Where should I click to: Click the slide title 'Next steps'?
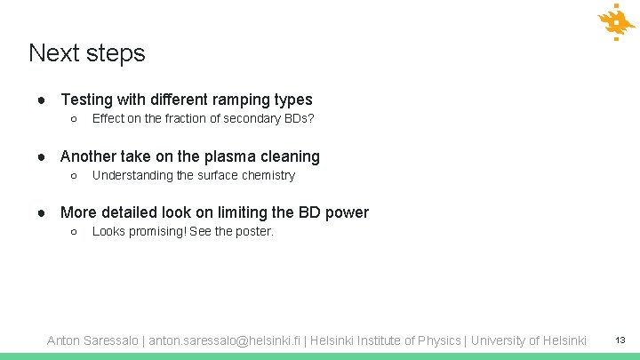[x=86, y=53]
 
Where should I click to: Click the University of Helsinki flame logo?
[x=616, y=21]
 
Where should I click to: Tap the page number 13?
[x=620, y=340]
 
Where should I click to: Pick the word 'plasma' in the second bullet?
[x=204, y=156]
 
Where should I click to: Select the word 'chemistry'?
[x=265, y=175]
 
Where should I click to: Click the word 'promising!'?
[x=156, y=231]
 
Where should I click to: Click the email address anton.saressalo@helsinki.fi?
[x=226, y=340]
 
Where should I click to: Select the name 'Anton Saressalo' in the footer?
[x=92, y=340]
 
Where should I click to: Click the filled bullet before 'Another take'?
[x=42, y=156]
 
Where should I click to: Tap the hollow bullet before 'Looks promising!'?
[x=75, y=231]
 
